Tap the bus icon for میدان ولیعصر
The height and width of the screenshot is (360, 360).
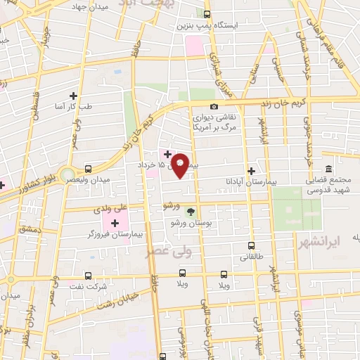coord(88,169)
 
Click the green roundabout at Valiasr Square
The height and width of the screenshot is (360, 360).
coord(67,173)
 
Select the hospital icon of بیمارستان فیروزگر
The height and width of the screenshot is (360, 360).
coord(114,222)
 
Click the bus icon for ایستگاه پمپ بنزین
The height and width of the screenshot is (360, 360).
coord(206,14)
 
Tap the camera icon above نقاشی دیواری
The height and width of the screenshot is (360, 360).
coord(214,105)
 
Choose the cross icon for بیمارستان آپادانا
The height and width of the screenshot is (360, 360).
coord(251,171)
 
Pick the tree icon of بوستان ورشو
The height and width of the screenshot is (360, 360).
coord(189,212)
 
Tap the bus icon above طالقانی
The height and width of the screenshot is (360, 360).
coord(252,245)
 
